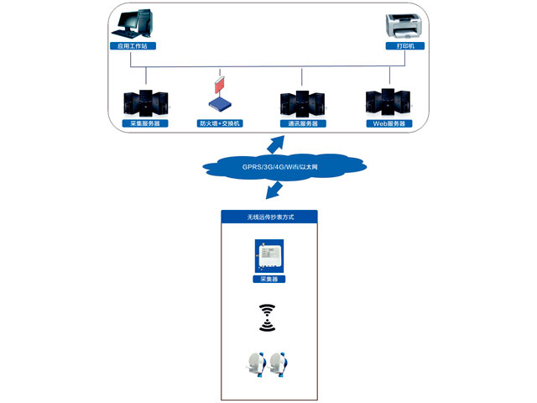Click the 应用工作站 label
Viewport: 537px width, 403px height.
pos(134,45)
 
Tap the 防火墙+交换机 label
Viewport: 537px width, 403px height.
pos(220,123)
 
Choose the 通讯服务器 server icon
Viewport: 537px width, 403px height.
pos(302,103)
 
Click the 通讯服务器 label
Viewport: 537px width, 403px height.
pos(303,123)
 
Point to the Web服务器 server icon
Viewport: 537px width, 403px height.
pos(388,102)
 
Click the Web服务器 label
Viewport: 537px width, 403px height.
pos(388,123)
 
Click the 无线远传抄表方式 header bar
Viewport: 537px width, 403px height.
pos(269,217)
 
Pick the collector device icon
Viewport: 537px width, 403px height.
pos(268,257)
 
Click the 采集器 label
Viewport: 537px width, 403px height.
pos(268,278)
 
